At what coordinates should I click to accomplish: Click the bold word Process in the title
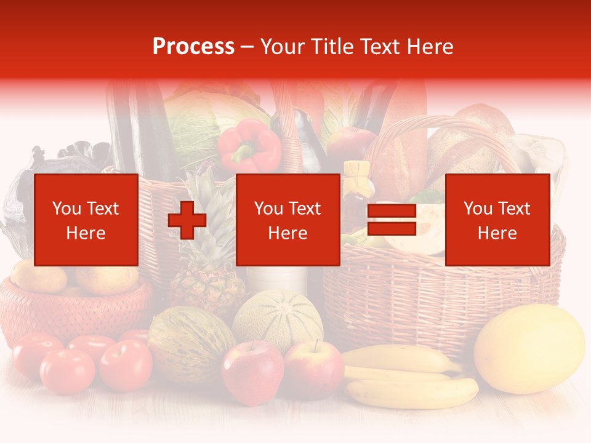tap(193, 46)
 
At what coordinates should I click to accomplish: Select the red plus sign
tap(187, 220)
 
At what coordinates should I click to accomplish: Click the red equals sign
tap(392, 220)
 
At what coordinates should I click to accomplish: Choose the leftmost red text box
tap(86, 220)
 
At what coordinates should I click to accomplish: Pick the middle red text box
tap(287, 220)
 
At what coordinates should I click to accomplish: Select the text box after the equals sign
tap(497, 220)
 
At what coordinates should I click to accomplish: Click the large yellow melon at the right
tap(529, 348)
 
